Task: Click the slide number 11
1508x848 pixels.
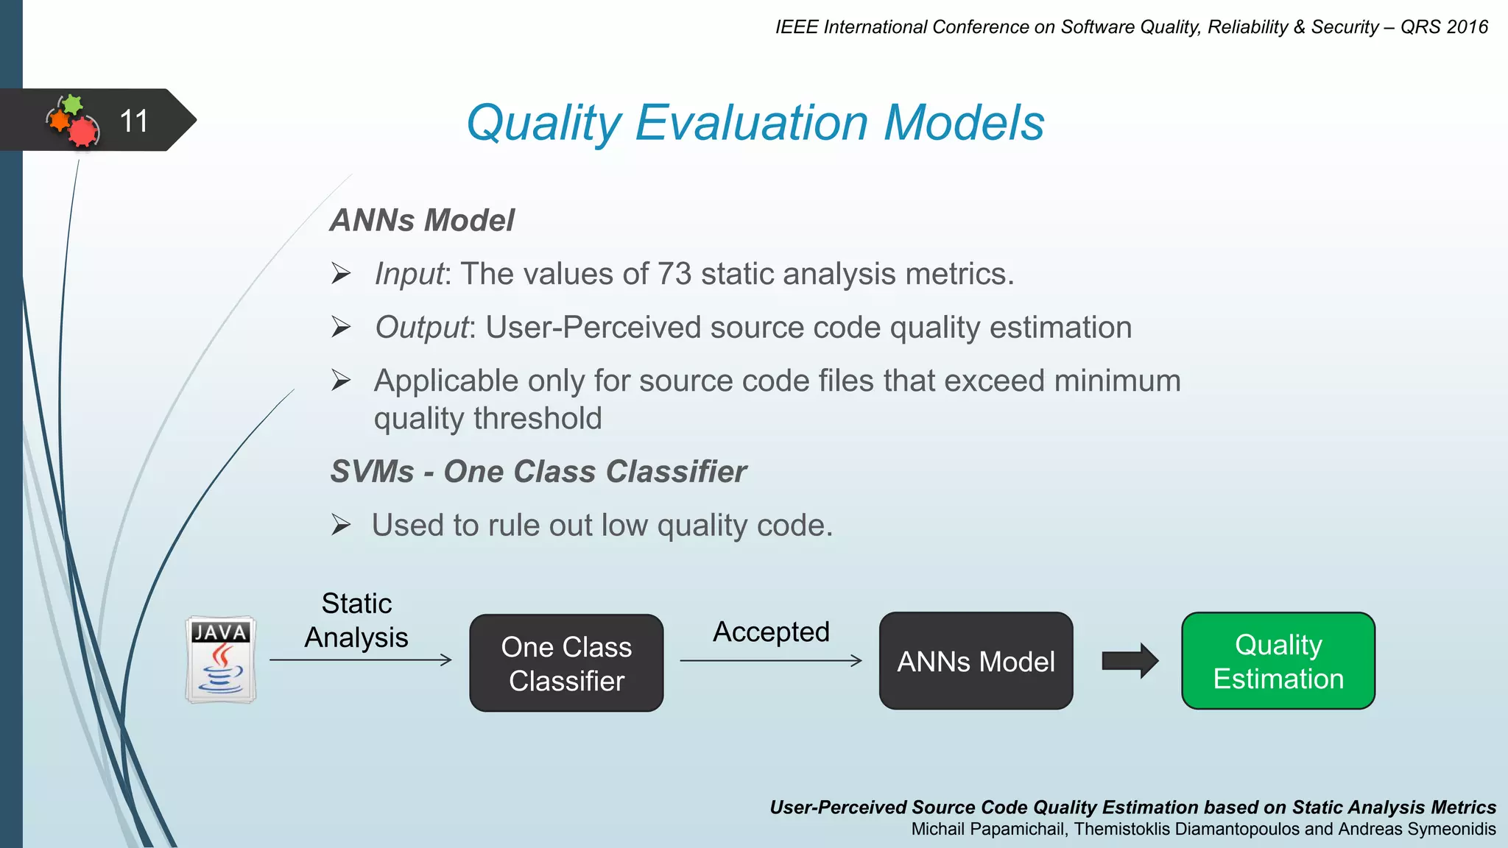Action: click(133, 121)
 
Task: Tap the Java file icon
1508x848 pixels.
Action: click(221, 660)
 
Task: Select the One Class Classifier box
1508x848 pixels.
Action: click(566, 663)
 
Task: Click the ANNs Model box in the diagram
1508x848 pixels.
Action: click(976, 661)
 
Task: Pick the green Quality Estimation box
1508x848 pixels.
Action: click(1278, 661)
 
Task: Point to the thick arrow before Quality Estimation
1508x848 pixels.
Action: click(1130, 661)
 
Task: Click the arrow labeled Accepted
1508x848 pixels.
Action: click(770, 661)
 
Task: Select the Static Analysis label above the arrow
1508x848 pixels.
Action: click(356, 621)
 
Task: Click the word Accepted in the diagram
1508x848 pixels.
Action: click(771, 632)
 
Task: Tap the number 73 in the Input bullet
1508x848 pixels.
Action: click(674, 274)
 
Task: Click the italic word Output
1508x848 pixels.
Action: click(422, 328)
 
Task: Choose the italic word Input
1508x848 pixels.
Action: click(409, 275)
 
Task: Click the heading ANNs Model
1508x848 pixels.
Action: click(422, 220)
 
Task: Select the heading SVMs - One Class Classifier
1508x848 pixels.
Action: click(538, 471)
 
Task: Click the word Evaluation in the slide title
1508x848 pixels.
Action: click(752, 122)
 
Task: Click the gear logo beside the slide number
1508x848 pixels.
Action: click(74, 121)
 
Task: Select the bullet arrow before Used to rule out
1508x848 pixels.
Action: click(340, 525)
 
